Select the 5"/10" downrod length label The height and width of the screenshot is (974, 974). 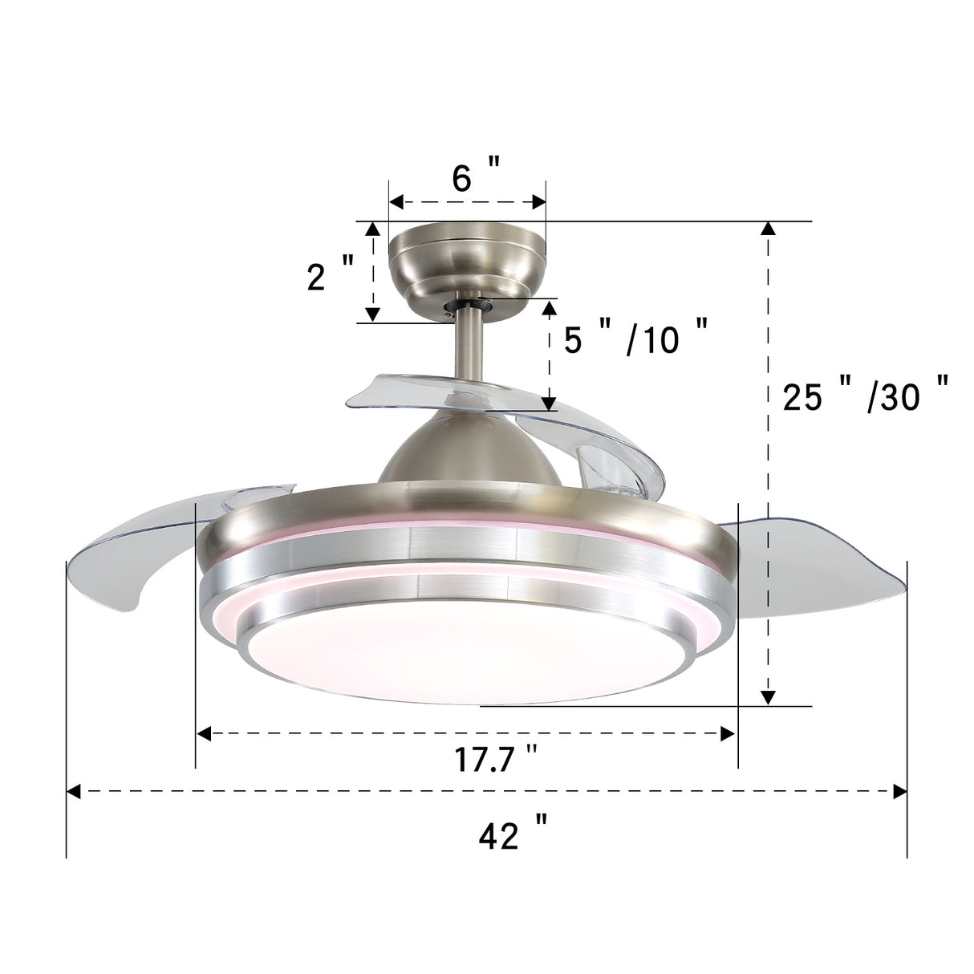coord(635,339)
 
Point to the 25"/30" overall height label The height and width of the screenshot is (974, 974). coord(865,396)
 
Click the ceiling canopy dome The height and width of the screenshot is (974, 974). coord(465,257)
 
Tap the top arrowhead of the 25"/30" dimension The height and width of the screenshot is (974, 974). coord(768,228)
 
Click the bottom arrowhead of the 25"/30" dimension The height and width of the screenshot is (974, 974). coord(768,698)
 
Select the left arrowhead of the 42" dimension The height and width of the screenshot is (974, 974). coord(74,793)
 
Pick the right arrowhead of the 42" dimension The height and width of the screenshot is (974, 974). coord(900,793)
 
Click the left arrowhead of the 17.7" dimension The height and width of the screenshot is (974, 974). coord(204,733)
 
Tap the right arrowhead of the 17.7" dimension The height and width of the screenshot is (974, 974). coord(728,733)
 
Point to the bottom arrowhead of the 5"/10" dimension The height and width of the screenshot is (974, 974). coord(550,403)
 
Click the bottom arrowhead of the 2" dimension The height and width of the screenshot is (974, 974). coord(372,314)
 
